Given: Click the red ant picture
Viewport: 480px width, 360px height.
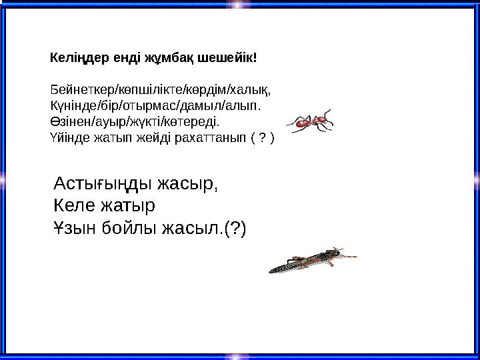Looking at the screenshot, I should [x=309, y=121].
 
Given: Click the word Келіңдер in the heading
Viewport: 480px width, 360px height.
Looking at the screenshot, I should [x=73, y=58].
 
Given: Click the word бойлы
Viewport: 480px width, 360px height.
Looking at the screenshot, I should [x=132, y=229].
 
